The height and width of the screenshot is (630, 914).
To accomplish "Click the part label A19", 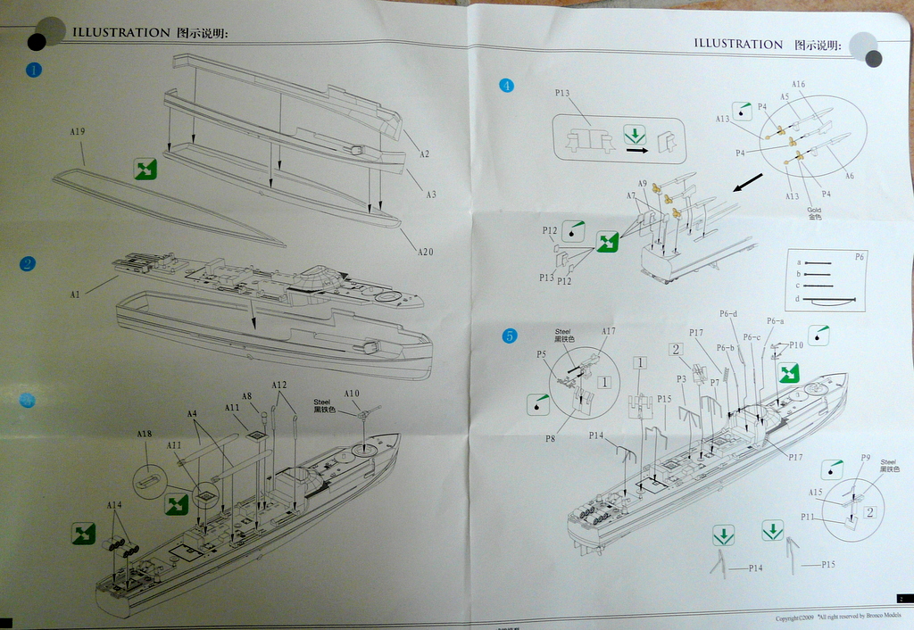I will coord(77,133).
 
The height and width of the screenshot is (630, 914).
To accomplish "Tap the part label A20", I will coord(425,252).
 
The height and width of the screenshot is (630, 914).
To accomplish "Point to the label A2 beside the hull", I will coord(424,154).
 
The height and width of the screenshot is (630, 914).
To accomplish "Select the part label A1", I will coord(75,294).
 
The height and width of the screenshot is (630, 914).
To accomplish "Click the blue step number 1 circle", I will coord(34,70).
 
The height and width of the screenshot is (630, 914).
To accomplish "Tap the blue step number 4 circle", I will coord(507,86).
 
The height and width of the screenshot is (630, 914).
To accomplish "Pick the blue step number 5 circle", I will coord(509,336).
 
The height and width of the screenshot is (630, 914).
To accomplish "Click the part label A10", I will coord(351,394).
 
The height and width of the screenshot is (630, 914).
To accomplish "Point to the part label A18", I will coord(144,435).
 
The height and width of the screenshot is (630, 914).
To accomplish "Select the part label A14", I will coord(114,506).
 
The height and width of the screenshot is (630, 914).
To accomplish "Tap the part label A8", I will coord(247,396).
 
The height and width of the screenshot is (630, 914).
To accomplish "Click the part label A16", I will coord(798,85).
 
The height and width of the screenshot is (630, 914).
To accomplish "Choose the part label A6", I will coord(849,177).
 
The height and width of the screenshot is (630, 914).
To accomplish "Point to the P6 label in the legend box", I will coord(860,256).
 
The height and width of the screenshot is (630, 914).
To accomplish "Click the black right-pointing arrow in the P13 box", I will coord(636,151).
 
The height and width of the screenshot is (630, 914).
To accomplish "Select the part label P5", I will coord(541,354).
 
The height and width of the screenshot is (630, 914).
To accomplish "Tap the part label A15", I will coord(816,493).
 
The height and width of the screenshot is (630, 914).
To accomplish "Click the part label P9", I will coord(865,458).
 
